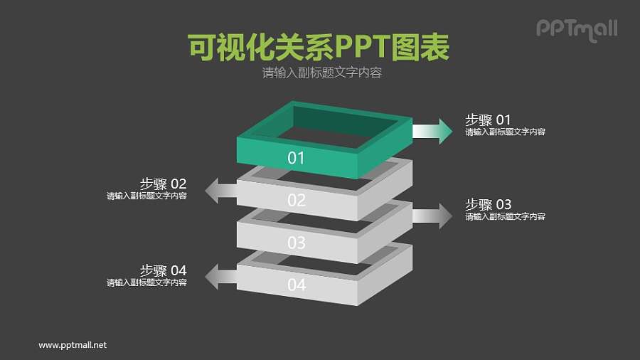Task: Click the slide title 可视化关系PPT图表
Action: click(x=319, y=48)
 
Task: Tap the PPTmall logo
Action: click(x=576, y=29)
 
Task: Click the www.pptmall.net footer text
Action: click(x=73, y=345)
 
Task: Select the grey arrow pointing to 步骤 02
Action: click(x=221, y=191)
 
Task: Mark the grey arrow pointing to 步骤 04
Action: click(x=221, y=275)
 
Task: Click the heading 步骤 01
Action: click(x=488, y=120)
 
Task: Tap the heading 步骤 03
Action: click(x=488, y=204)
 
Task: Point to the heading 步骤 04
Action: click(x=163, y=270)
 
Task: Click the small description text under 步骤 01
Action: click(x=505, y=132)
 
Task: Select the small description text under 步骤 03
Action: click(x=505, y=217)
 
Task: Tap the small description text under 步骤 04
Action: click(x=146, y=282)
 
